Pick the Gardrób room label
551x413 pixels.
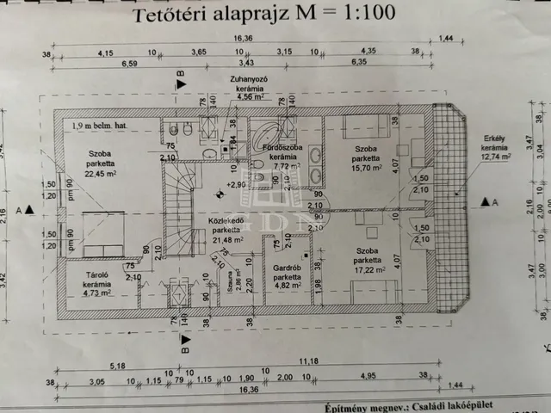coord(286,279)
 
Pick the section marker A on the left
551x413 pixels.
coord(25,208)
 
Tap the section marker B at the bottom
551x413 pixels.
coord(179,349)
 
